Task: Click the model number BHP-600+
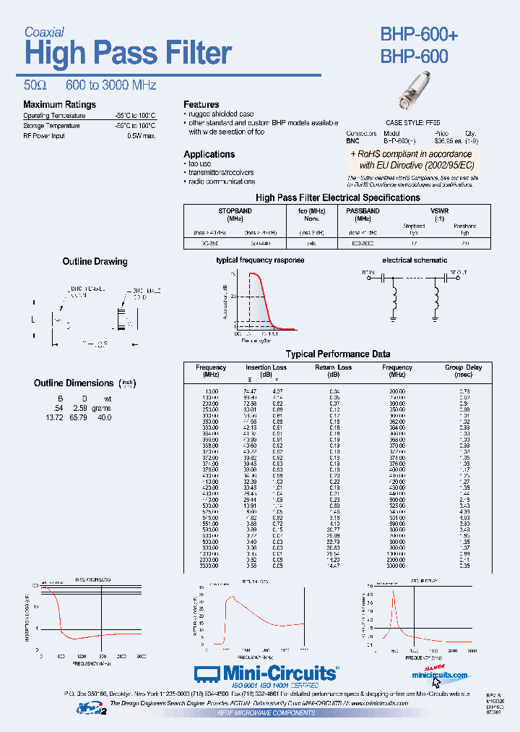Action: (419, 35)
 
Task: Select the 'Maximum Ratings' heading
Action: (59, 105)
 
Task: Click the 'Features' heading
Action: (201, 105)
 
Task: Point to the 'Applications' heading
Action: (209, 154)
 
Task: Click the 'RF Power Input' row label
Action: (44, 135)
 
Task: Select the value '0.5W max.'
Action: (141, 135)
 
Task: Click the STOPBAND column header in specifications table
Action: (235, 211)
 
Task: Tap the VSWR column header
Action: (438, 211)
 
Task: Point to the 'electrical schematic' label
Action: (414, 260)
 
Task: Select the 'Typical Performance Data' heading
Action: (338, 354)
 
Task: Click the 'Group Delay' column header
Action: (463, 367)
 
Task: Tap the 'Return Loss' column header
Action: (333, 367)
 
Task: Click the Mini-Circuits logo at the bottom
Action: (266, 673)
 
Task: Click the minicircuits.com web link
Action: (439, 675)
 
